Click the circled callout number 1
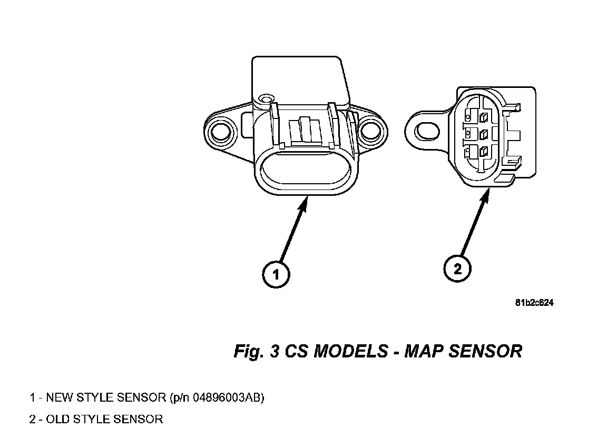276,274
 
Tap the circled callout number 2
457,269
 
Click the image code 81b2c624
534,303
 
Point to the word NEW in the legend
60,397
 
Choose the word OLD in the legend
58,420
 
